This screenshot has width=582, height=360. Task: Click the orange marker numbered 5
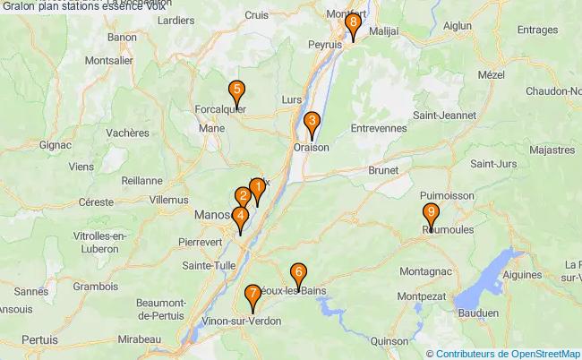point(236,91)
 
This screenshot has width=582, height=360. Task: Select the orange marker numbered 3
point(312,123)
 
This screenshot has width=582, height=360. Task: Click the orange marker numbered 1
point(257,189)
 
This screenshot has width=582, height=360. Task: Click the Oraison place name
point(312,148)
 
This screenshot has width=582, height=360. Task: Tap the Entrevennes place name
point(379,130)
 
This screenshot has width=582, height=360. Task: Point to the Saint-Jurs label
point(493,164)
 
